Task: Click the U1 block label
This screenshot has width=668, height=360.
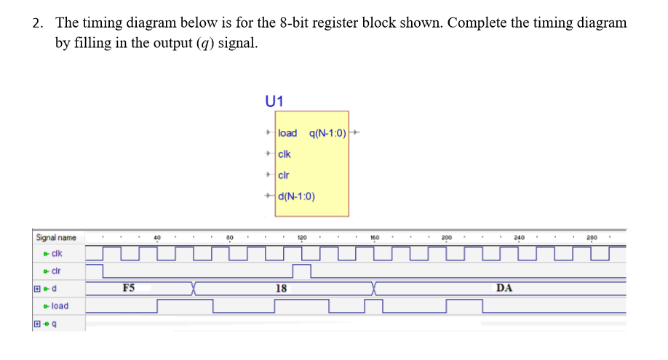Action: pyautogui.click(x=275, y=101)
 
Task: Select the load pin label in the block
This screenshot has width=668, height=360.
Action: pyautogui.click(x=288, y=133)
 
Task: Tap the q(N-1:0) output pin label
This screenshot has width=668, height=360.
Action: pyautogui.click(x=327, y=133)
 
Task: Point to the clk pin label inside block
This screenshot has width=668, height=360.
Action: pyautogui.click(x=285, y=154)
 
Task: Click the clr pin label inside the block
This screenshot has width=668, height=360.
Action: pyautogui.click(x=284, y=175)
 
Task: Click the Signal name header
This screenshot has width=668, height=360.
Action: pyautogui.click(x=56, y=237)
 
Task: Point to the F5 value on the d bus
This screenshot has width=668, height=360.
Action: pyautogui.click(x=129, y=288)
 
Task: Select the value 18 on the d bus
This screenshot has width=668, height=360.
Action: pyautogui.click(x=281, y=288)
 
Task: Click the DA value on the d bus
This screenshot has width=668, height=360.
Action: pyautogui.click(x=504, y=288)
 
